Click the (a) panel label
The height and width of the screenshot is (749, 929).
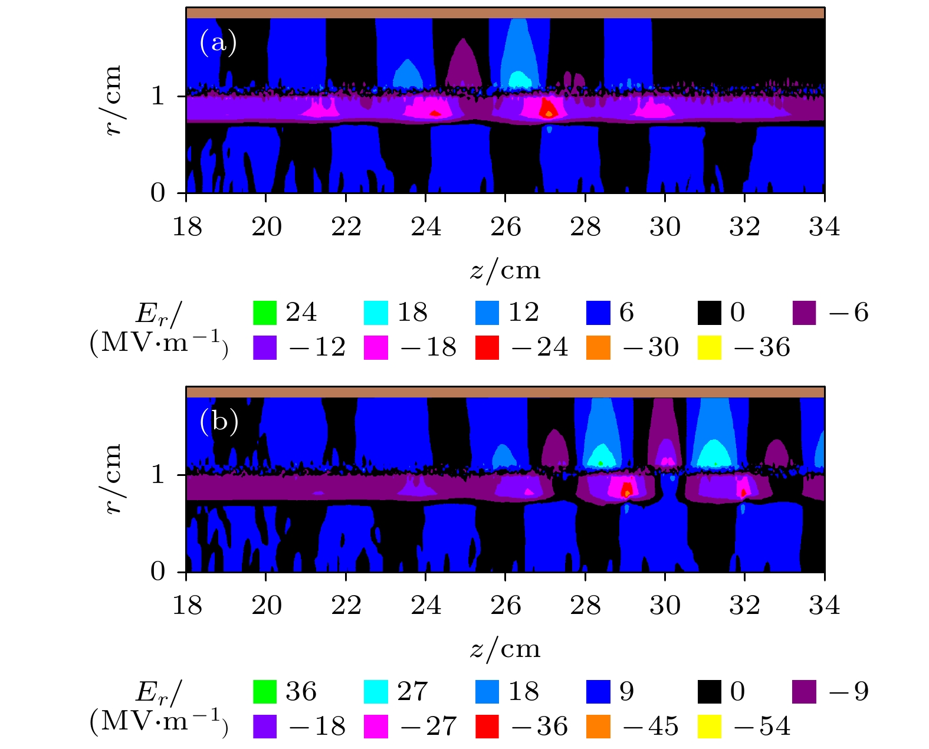tap(218, 42)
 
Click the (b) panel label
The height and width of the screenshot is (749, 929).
tap(219, 422)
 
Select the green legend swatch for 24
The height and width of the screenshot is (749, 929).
tap(264, 313)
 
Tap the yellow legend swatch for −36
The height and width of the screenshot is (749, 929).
tap(709, 347)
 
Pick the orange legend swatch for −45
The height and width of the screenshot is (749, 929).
tap(598, 727)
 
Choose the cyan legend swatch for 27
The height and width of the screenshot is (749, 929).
tap(376, 692)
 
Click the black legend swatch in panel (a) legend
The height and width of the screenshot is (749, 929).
tap(709, 313)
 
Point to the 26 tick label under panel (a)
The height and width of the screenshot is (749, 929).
tap(505, 227)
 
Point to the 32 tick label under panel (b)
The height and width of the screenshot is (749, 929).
tap(744, 606)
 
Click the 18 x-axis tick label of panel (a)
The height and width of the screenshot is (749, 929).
tap(187, 227)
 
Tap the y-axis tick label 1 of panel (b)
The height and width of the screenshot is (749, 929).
tap(157, 474)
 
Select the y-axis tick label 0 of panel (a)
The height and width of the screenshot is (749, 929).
tap(157, 193)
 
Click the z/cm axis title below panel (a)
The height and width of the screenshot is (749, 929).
tap(505, 270)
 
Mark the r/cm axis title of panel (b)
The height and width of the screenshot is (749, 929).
tap(112, 479)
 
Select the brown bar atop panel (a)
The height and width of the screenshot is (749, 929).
tap(505, 12)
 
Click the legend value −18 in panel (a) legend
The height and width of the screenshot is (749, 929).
tap(429, 347)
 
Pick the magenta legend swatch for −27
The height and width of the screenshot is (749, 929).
tap(376, 727)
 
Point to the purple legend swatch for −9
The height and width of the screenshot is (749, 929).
tap(804, 692)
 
